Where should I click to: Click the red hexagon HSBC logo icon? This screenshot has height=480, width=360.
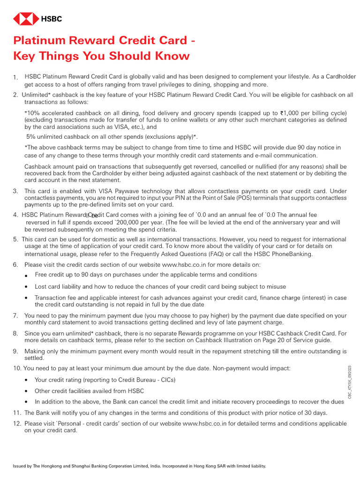click(x=26, y=19)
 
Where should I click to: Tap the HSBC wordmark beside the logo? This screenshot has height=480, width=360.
click(x=52, y=19)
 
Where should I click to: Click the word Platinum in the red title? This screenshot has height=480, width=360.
click(x=39, y=41)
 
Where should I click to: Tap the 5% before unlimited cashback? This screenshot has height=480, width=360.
click(x=33, y=137)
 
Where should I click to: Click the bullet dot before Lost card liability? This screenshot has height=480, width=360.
click(x=26, y=287)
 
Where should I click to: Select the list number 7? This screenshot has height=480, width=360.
click(x=15, y=316)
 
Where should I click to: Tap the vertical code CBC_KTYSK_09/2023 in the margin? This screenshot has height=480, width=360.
click(x=349, y=382)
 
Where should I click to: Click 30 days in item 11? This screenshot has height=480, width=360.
click(x=315, y=413)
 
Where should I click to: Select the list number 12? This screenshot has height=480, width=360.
click(x=17, y=423)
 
